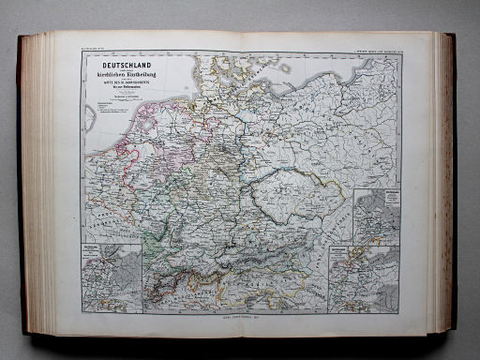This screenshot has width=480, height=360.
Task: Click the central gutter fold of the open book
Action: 240,178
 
